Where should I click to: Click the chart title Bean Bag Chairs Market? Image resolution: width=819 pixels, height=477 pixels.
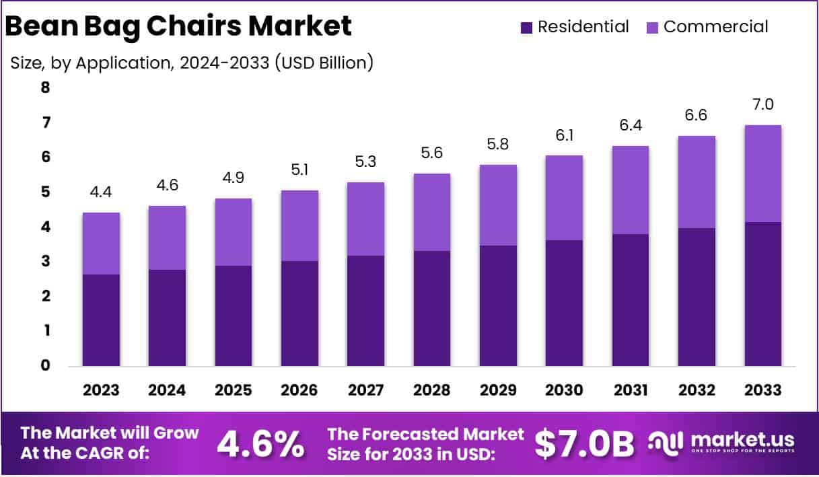tap(178, 26)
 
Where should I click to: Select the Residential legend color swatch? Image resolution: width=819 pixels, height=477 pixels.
tap(526, 28)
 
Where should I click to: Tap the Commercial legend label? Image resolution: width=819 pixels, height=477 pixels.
tap(715, 27)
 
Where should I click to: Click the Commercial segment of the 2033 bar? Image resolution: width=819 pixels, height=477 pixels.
tap(763, 174)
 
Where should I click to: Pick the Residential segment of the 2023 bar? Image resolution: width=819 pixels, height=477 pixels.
tap(101, 320)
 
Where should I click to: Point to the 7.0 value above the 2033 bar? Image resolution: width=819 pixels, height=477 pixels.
tap(763, 105)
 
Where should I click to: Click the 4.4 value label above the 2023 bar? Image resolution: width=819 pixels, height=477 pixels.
tap(101, 192)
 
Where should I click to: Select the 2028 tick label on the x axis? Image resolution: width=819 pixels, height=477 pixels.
tap(432, 390)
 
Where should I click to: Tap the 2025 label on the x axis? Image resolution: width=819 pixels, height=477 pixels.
tap(234, 390)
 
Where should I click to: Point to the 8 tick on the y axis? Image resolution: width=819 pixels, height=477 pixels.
tap(45, 87)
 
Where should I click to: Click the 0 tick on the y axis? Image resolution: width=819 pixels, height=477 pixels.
tap(45, 366)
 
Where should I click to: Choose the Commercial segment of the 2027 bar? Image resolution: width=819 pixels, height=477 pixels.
tap(366, 219)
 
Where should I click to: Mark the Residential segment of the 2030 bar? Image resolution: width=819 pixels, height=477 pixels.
tap(565, 303)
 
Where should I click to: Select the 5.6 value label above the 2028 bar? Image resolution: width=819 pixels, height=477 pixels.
tap(432, 153)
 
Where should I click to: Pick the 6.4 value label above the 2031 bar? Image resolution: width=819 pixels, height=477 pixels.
tap(631, 126)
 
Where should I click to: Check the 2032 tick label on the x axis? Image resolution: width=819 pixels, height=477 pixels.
tap(697, 390)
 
